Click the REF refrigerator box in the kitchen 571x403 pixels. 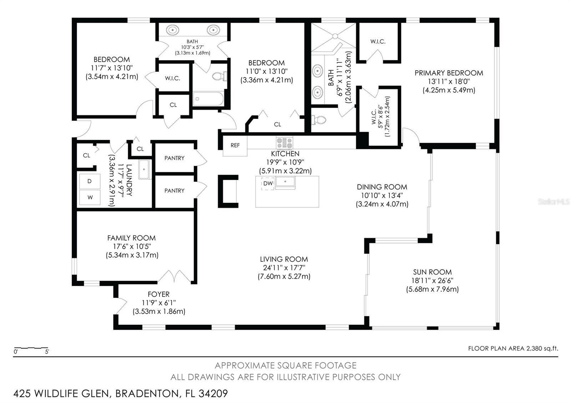235,146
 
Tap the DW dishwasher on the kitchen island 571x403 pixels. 268,183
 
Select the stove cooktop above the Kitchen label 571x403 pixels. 284,143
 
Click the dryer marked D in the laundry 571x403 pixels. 90,182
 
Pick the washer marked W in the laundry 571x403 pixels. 90,197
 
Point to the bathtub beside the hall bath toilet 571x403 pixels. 208,99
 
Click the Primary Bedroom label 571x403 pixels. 449,82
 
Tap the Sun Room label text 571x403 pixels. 432,280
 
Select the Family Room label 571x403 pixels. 132,246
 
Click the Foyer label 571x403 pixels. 159,303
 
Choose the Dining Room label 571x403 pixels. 382,195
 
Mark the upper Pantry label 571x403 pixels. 175,158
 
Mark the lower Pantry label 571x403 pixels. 175,191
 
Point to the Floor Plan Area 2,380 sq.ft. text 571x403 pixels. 513,348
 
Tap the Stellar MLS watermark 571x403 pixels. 554,202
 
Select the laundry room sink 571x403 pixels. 144,169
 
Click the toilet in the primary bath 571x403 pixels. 319,119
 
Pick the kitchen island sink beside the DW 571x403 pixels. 285,182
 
